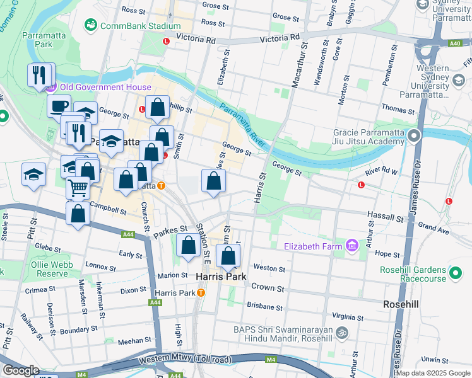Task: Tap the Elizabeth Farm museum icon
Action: [352, 245]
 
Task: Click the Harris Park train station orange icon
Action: [201, 293]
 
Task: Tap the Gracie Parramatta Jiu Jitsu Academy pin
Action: [414, 136]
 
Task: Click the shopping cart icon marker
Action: [77, 186]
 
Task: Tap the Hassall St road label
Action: [386, 217]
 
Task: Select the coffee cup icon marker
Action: [59, 105]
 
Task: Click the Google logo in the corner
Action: [21, 370]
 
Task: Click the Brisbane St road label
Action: [264, 307]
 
